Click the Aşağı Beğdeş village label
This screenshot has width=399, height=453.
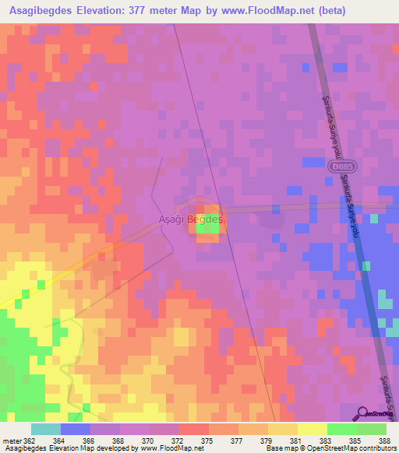click(191, 219)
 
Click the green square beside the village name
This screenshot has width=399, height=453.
click(207, 225)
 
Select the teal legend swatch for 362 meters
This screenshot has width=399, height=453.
click(45, 428)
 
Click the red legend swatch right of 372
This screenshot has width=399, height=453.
click(194, 428)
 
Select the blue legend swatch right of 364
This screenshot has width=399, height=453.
click(76, 428)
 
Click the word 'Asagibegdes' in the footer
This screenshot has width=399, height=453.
click(25, 448)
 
